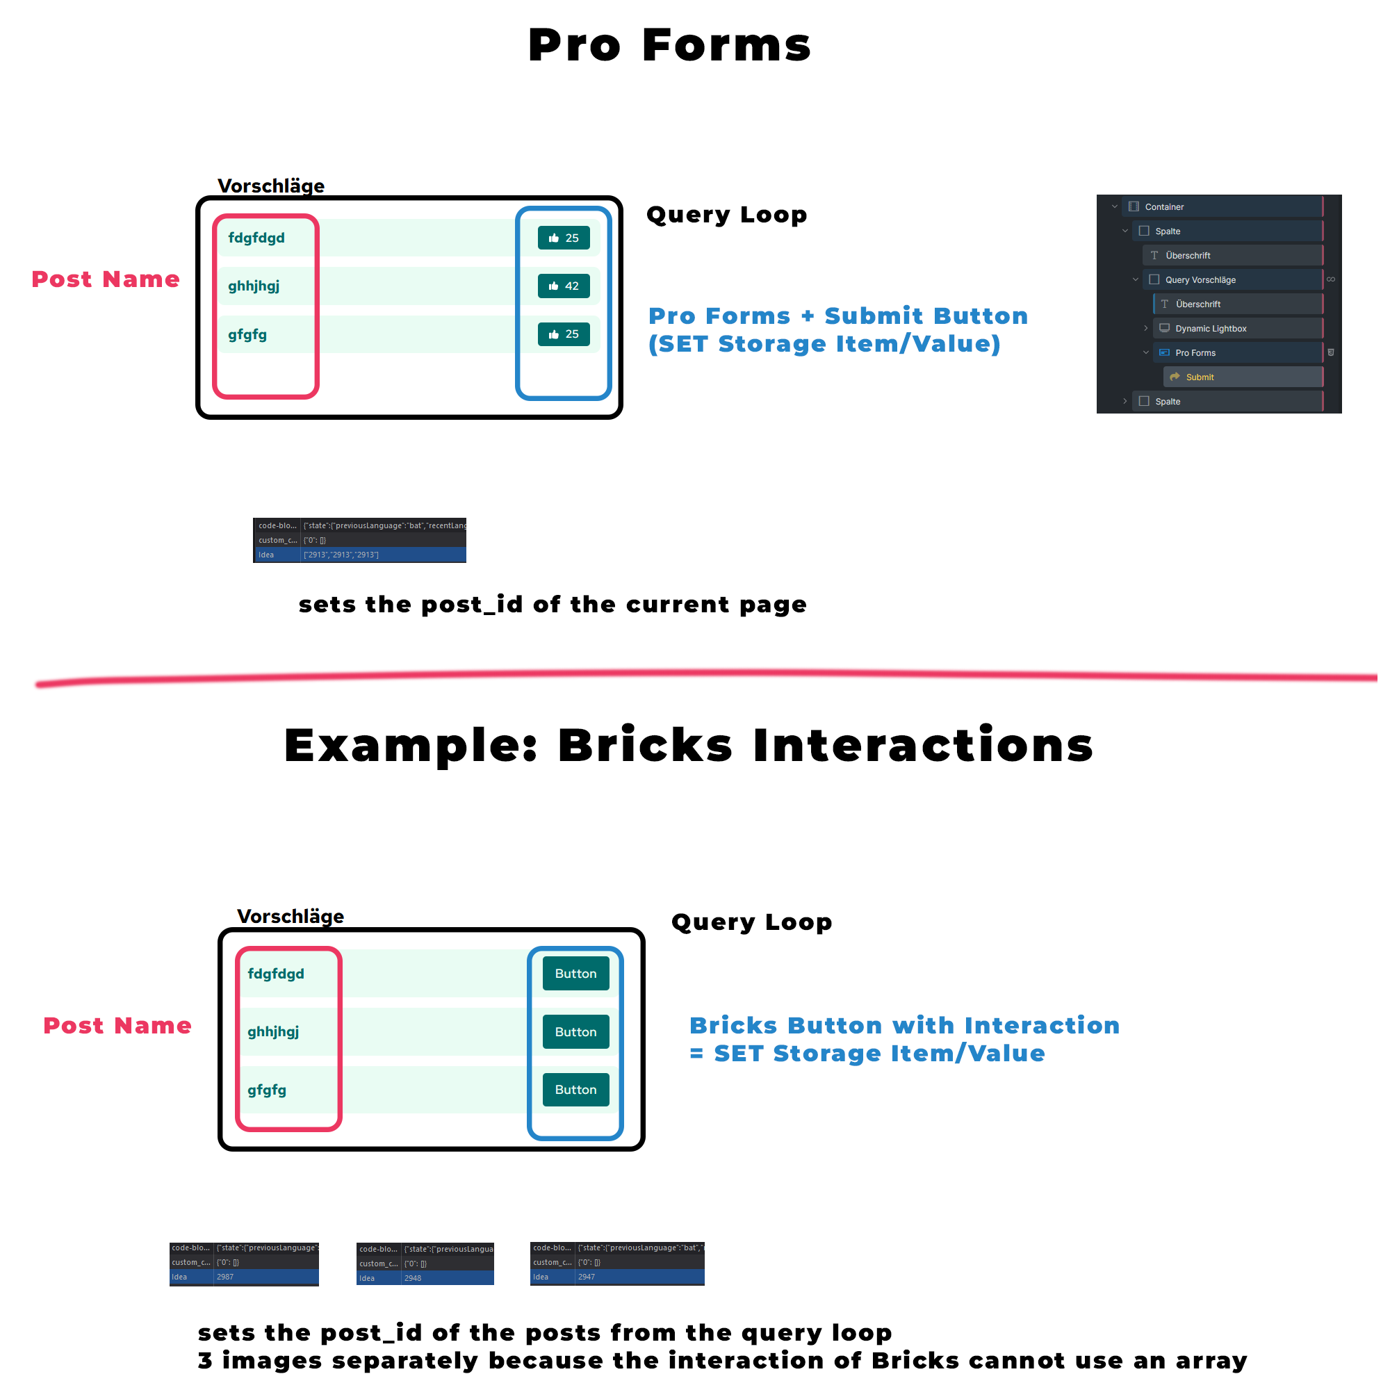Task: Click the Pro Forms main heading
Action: (x=669, y=45)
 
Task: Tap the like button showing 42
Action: (x=564, y=286)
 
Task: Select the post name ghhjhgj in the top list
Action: (x=253, y=286)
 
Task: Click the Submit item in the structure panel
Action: (x=1200, y=377)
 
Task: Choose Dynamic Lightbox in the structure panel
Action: (x=1210, y=328)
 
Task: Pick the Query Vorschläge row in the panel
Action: (x=1200, y=280)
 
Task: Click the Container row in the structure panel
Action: (x=1164, y=206)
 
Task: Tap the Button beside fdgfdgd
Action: (x=575, y=974)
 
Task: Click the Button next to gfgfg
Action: (x=575, y=1089)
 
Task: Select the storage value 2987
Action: (x=225, y=1277)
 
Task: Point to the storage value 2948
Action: (x=413, y=1279)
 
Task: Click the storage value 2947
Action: (x=587, y=1277)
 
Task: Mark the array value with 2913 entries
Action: (x=341, y=555)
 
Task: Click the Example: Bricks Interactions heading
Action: (x=689, y=745)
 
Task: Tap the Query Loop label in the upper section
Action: (x=727, y=214)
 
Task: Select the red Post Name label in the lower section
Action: (x=117, y=1025)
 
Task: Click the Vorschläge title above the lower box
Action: (x=291, y=916)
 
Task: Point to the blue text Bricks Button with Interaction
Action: (x=904, y=1025)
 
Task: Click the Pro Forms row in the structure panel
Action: (x=1195, y=352)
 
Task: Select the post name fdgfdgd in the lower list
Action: (x=275, y=974)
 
